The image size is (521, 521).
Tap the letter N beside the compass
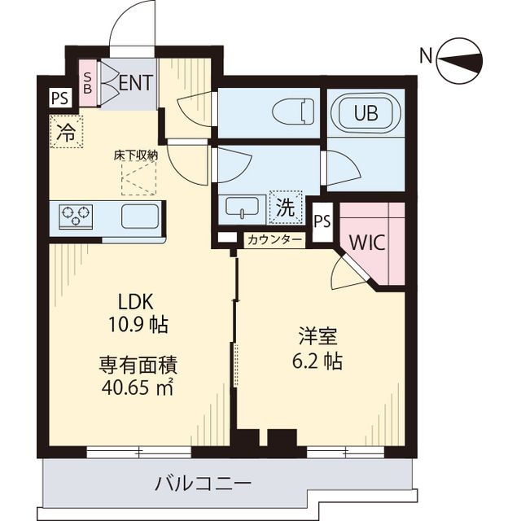425,56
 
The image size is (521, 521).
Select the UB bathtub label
365,114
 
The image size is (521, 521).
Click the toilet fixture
294,112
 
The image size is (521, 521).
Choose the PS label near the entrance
59,99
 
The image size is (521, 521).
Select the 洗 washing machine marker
285,207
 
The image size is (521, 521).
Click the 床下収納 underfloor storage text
136,153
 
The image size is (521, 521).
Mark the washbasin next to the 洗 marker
242,207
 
